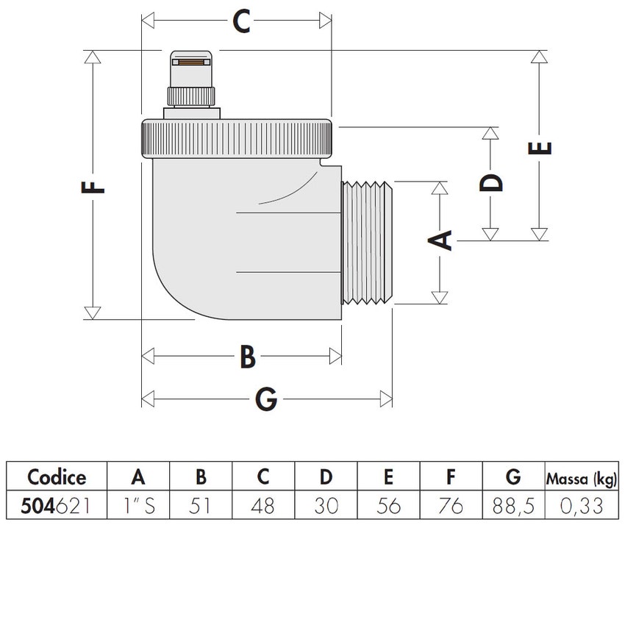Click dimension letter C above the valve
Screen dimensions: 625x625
click(x=242, y=21)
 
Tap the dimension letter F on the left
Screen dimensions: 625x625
click(x=93, y=185)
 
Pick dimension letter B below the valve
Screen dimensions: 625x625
click(x=248, y=357)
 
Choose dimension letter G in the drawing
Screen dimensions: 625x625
click(x=265, y=399)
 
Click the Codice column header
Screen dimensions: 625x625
click(x=57, y=477)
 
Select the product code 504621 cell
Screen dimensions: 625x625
click(x=57, y=506)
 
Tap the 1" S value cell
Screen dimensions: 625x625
click(x=138, y=506)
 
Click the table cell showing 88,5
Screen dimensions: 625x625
click(x=513, y=506)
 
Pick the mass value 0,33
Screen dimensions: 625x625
click(x=580, y=506)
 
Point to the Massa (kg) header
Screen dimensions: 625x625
click(x=580, y=478)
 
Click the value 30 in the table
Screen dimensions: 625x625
click(x=325, y=506)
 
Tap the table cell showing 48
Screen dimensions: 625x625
click(x=262, y=506)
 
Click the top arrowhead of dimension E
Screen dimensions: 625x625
click(x=540, y=57)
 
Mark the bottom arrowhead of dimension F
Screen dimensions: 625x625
click(x=93, y=313)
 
